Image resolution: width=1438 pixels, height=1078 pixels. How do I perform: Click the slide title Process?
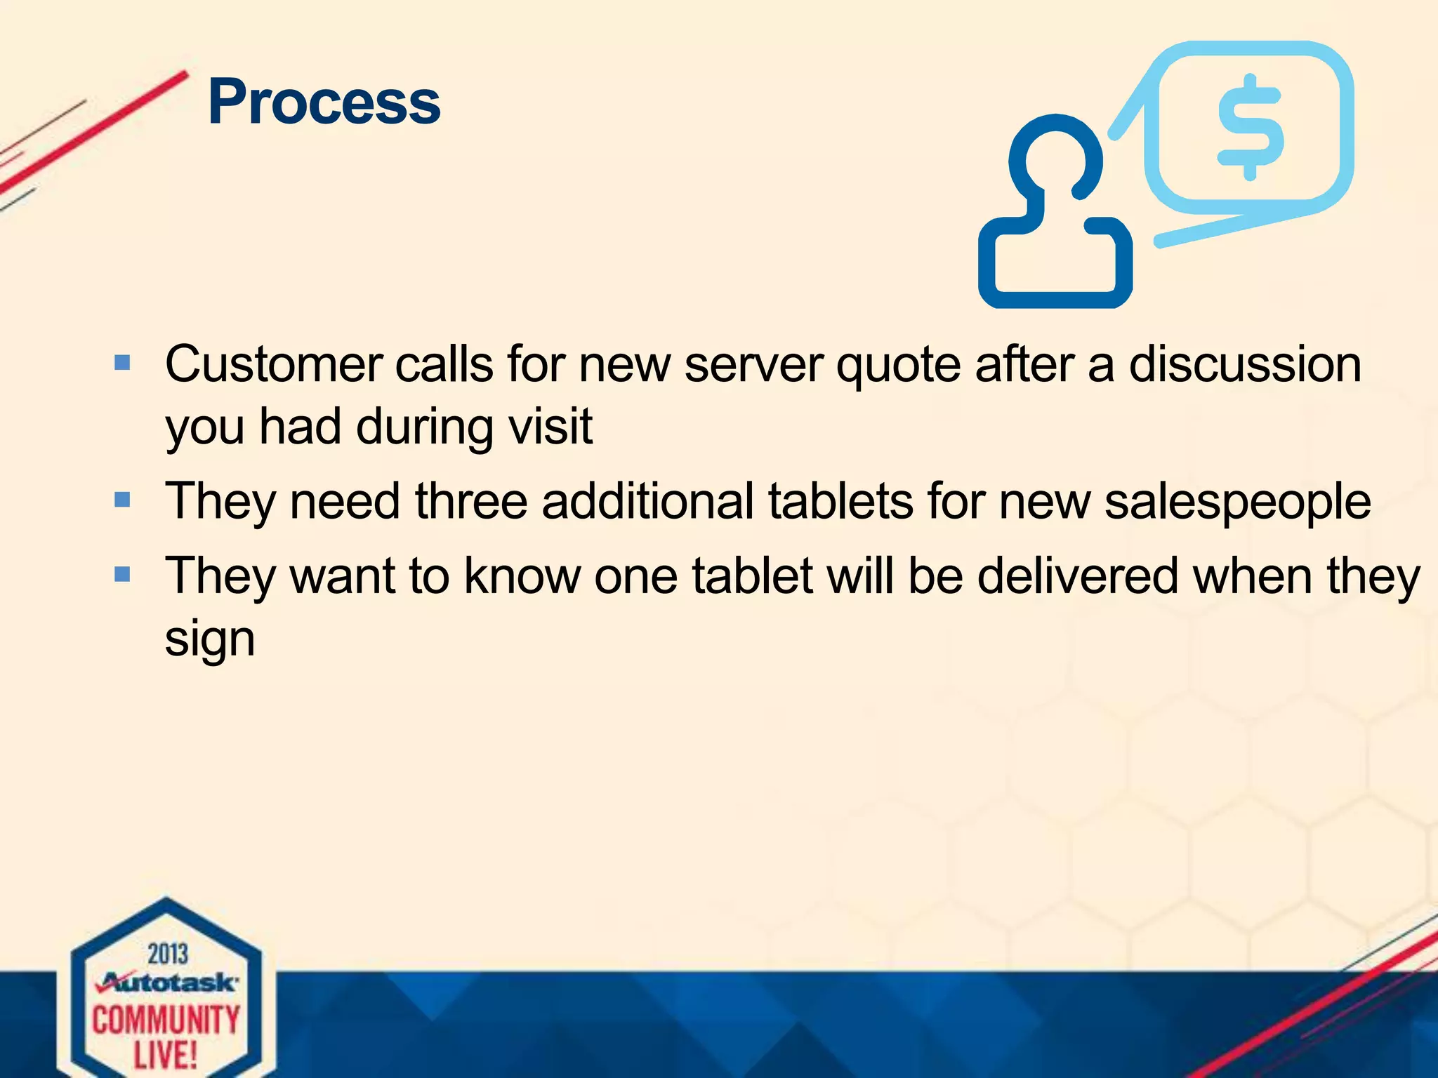pyautogui.click(x=324, y=102)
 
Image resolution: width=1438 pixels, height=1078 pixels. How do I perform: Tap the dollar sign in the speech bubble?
pyautogui.click(x=1251, y=128)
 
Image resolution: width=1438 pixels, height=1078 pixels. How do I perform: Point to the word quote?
pyautogui.click(x=898, y=366)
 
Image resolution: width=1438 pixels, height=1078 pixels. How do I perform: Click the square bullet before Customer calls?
pyautogui.click(x=122, y=363)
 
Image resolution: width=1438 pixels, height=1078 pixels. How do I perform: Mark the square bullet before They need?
pyautogui.click(x=122, y=500)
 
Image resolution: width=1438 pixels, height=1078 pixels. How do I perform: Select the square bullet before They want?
pyautogui.click(x=122, y=575)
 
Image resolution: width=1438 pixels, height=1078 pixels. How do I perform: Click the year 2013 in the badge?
pyautogui.click(x=168, y=954)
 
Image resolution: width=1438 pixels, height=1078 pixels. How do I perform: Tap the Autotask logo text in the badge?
pyautogui.click(x=169, y=982)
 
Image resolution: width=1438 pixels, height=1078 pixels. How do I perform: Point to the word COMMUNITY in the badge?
pyautogui.click(x=166, y=1020)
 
